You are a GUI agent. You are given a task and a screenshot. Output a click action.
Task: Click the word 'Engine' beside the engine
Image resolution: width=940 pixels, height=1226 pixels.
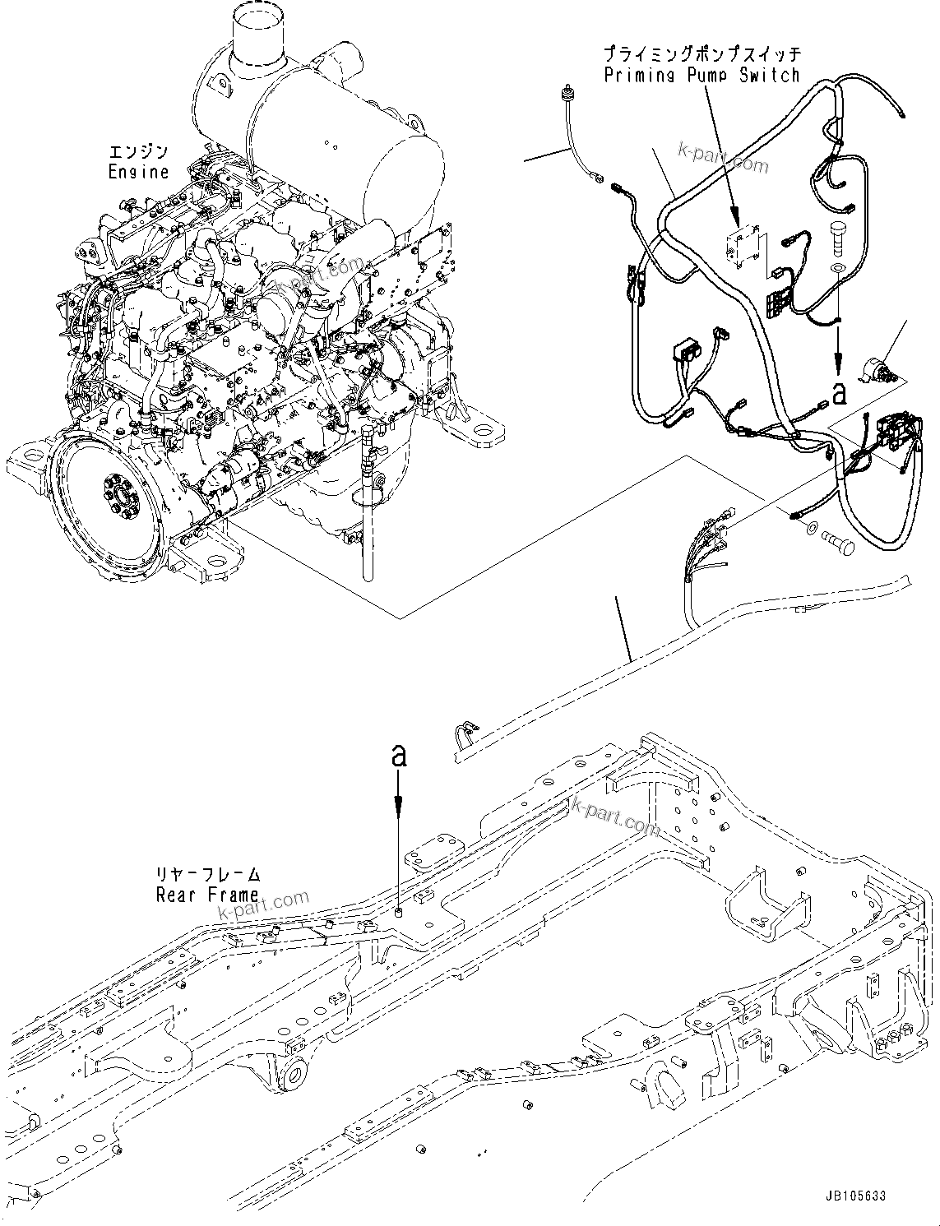[x=137, y=172]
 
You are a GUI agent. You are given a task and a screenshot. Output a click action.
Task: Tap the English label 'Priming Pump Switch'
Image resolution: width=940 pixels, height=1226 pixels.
[x=702, y=76]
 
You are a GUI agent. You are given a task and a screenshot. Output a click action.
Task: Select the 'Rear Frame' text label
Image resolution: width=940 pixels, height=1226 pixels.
[x=207, y=894]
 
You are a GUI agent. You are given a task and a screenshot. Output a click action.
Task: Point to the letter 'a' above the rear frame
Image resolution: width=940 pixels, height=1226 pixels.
[x=399, y=756]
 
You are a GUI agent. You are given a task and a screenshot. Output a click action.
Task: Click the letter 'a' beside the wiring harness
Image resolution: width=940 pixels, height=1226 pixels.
[x=838, y=394]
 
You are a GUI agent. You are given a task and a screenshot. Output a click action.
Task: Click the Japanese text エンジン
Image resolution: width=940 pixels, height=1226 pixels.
[x=138, y=152]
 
